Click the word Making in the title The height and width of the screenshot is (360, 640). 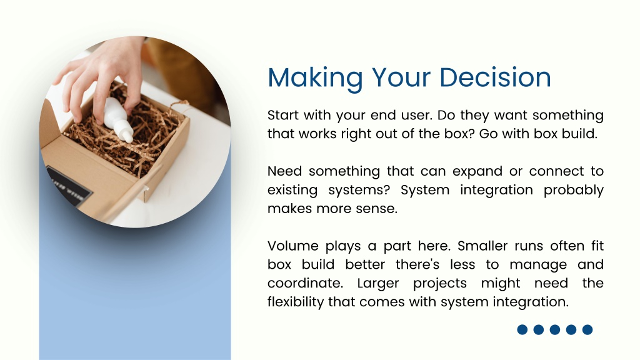point(315,78)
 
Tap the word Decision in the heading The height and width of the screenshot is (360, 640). point(495,77)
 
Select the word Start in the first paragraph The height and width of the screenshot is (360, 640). point(282,115)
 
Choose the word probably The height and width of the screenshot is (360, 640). point(574,191)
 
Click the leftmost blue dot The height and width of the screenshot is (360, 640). point(522,330)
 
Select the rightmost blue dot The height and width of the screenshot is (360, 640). point(587,330)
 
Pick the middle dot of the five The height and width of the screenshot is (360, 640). point(555,330)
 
